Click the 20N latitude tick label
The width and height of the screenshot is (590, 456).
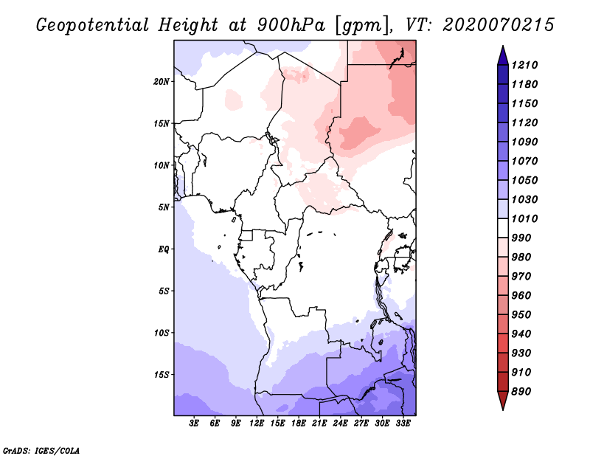click(x=162, y=81)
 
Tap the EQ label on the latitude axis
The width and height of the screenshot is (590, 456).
click(x=164, y=249)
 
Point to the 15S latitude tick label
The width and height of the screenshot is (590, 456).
click(x=162, y=375)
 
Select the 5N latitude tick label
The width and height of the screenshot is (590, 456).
click(x=164, y=207)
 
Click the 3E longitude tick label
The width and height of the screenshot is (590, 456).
click(x=194, y=423)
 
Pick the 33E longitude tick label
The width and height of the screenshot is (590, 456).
click(x=403, y=423)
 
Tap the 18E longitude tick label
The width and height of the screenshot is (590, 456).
click(x=299, y=423)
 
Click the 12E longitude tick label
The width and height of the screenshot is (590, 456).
click(x=257, y=423)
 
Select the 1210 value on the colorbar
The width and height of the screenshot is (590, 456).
click(x=524, y=65)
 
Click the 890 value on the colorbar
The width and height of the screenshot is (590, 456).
click(x=521, y=392)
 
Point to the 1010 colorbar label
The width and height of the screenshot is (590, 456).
click(x=524, y=218)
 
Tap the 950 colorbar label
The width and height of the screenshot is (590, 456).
click(x=521, y=315)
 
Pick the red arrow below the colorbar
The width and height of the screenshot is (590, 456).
click(x=503, y=400)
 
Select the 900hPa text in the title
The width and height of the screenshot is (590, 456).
click(x=291, y=25)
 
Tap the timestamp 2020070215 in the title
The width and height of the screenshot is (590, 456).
click(x=499, y=25)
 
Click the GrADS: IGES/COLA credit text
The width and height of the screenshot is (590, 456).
click(x=41, y=451)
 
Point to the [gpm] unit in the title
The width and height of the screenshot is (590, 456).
click(x=363, y=26)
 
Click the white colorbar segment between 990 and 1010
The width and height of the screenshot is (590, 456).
click(x=503, y=228)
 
